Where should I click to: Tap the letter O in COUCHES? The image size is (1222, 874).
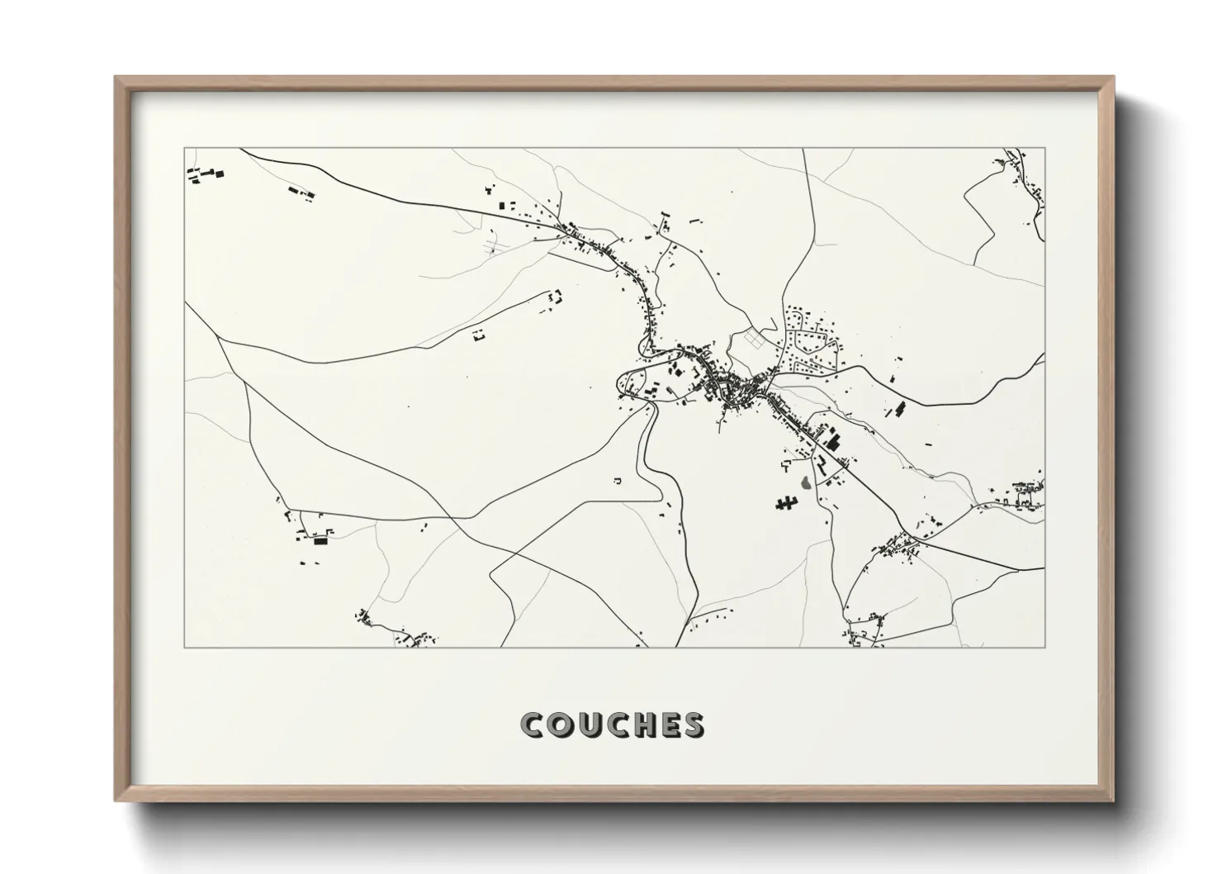[562, 724]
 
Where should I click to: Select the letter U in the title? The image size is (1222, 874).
[591, 724]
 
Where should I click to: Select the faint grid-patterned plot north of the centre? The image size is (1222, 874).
[755, 338]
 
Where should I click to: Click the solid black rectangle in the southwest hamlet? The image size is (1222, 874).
[320, 542]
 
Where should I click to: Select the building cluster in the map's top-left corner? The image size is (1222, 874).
[205, 174]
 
